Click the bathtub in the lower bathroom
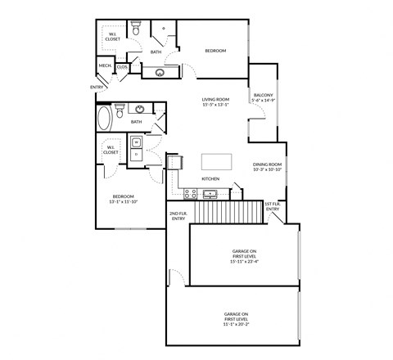(105, 119)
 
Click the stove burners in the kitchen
(190, 194)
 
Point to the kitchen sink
(210, 194)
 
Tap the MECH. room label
(106, 65)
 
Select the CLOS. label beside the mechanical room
(121, 67)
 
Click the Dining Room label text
(267, 164)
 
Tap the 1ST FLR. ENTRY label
(273, 206)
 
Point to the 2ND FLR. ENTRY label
(177, 215)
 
